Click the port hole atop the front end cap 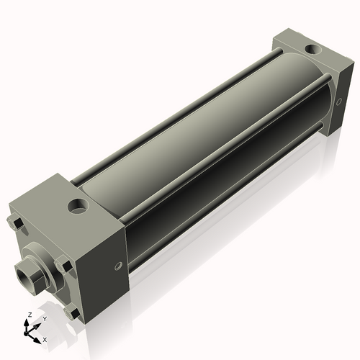click(x=77, y=207)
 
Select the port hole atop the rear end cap click(x=312, y=50)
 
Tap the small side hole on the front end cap click(x=119, y=266)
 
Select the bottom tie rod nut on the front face click(x=72, y=314)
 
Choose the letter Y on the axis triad click(x=44, y=318)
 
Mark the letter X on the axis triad click(x=45, y=338)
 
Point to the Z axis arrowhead click(x=27, y=323)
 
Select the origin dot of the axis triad click(x=28, y=332)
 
